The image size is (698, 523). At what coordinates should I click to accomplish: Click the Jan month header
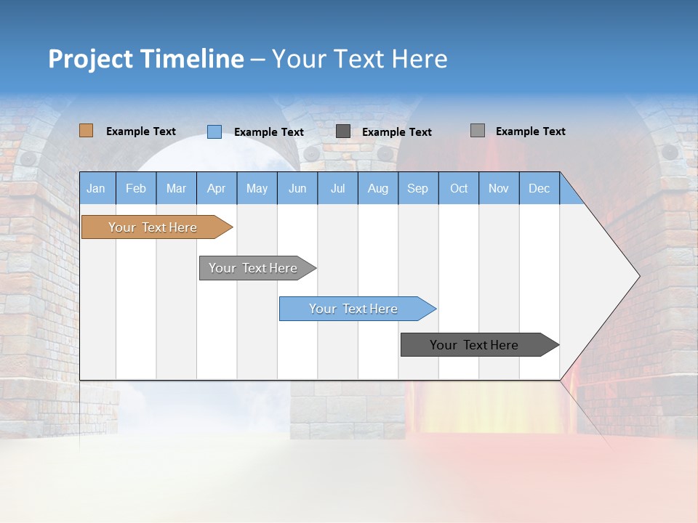click(x=97, y=188)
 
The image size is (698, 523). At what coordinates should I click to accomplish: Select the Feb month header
click(x=136, y=188)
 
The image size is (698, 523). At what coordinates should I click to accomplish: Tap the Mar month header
click(x=176, y=188)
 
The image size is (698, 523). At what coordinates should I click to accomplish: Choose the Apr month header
click(x=217, y=188)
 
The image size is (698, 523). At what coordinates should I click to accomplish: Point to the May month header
click(x=257, y=188)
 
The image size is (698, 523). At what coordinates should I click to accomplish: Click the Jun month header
click(x=297, y=188)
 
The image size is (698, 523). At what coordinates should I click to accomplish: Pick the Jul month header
click(x=337, y=188)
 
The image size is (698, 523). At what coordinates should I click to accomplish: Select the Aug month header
click(x=378, y=188)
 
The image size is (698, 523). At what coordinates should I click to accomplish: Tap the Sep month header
click(x=418, y=188)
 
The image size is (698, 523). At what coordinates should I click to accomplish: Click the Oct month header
click(x=459, y=188)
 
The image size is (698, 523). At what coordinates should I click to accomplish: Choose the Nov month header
click(x=499, y=188)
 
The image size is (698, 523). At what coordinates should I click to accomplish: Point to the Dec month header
click(x=539, y=188)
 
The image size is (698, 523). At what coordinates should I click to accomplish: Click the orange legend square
click(x=87, y=131)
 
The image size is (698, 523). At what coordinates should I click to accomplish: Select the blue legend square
click(x=214, y=131)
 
